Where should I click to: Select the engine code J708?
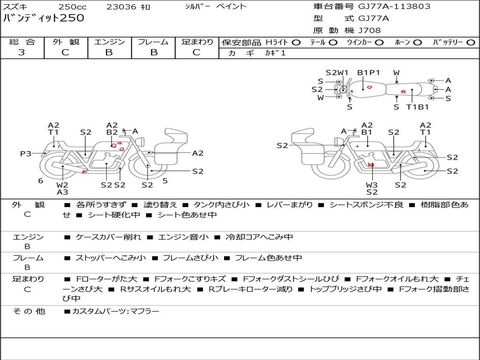coord(369,30)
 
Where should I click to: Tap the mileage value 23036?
coord(121,7)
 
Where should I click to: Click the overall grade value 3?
coord(22,52)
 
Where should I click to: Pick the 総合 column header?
coord(22,42)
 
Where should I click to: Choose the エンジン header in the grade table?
coord(109,42)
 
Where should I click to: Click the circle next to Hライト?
coord(296,42)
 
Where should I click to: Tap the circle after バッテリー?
coord(471,42)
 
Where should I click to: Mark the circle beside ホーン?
coord(417,42)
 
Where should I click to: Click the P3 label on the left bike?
coord(25,153)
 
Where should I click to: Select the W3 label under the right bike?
coord(372,185)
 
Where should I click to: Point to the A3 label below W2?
coord(62,192)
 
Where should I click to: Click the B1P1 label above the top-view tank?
coord(368,73)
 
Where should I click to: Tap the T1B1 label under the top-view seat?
coord(417,107)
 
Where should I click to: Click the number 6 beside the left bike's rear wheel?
coord(41,180)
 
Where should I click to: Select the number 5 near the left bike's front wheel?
coord(165,180)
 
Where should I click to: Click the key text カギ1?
coord(276,53)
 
